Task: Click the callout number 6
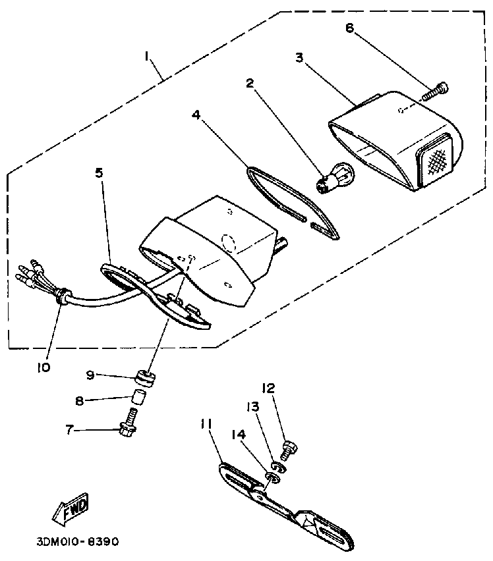pos(349,28)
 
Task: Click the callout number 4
pos(196,115)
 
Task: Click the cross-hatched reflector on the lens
pos(435,157)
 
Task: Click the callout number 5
pos(99,173)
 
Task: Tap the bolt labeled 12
pos(288,451)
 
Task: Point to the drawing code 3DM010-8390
pos(78,542)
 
